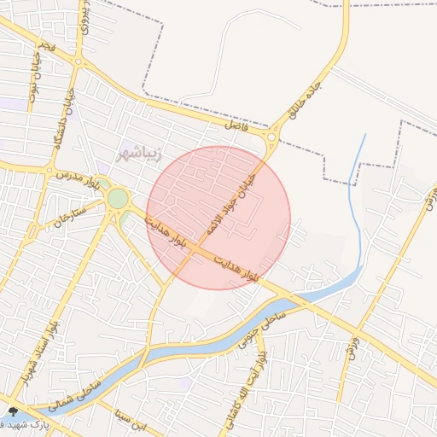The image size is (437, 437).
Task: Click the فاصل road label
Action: click(233, 125)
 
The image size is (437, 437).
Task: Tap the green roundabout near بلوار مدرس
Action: click(117, 199)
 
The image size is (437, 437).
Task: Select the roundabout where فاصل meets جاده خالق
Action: click(271, 137)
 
